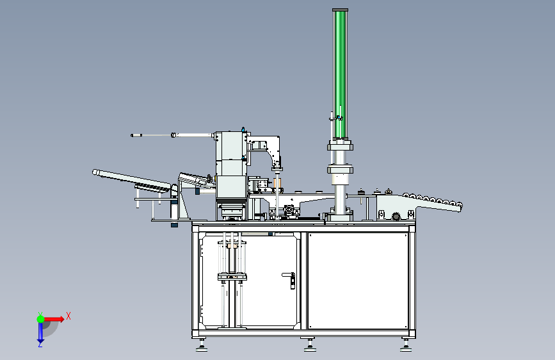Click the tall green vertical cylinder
pyautogui.click(x=340, y=74)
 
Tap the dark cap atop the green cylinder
pyautogui.click(x=340, y=10)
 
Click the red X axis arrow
pyautogui.click(x=54, y=319)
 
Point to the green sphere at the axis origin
pyautogui.click(x=41, y=319)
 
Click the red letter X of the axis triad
pyautogui.click(x=68, y=316)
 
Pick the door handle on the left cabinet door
pyautogui.click(x=289, y=279)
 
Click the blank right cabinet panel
pyautogui.click(x=358, y=281)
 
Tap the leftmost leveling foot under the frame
pyautogui.click(x=202, y=345)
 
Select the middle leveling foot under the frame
pyautogui.click(x=310, y=345)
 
